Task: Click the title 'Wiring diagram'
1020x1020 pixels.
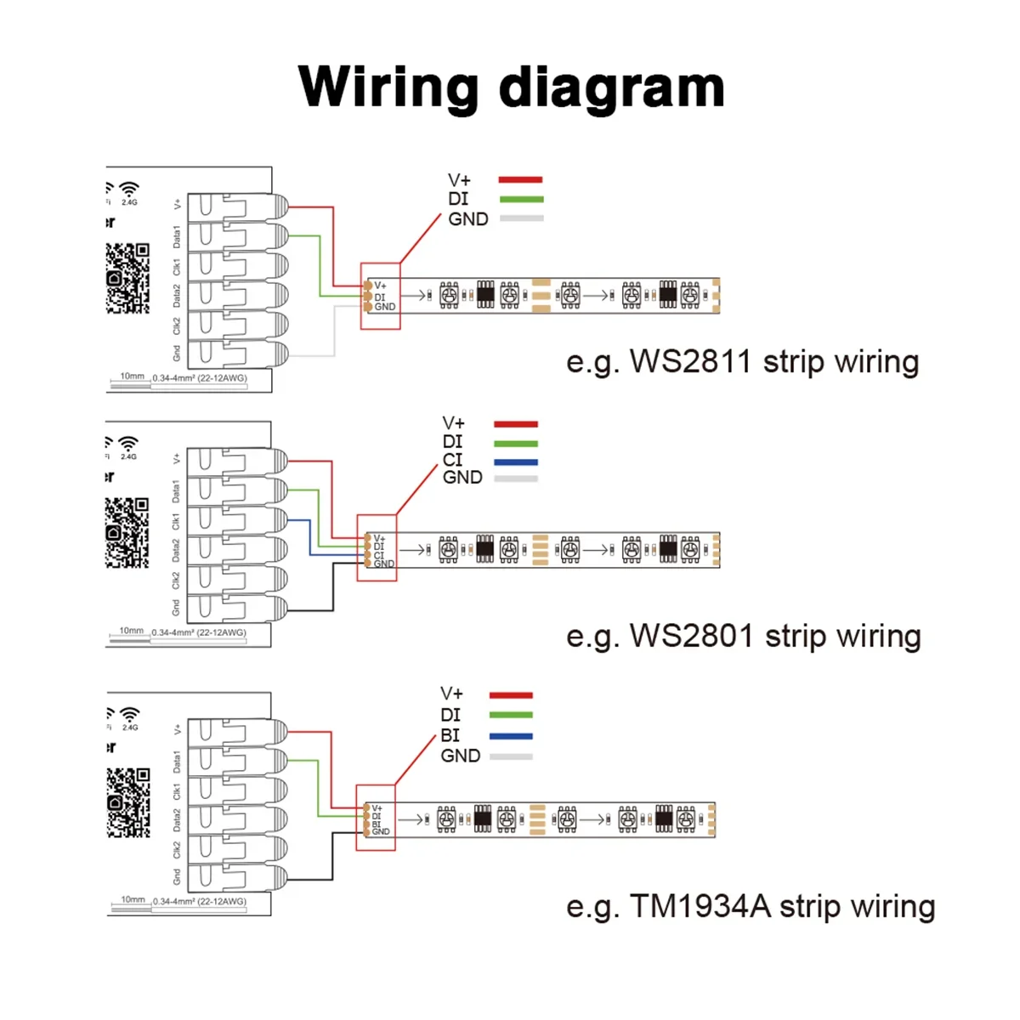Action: tap(511, 87)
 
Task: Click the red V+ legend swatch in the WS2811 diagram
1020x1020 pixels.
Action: tap(520, 179)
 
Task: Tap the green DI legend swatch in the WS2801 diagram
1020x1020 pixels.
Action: tap(515, 444)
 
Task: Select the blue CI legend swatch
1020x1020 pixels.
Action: tap(515, 462)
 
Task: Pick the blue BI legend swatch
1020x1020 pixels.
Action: tap(511, 736)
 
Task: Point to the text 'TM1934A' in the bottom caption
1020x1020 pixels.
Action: tap(699, 907)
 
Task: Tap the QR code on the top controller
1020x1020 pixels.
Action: tap(127, 278)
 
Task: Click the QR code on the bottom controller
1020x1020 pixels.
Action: tap(127, 802)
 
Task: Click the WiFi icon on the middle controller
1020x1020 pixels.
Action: tap(128, 443)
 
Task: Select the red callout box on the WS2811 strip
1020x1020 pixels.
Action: tap(380, 296)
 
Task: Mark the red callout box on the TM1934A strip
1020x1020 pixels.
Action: tap(376, 817)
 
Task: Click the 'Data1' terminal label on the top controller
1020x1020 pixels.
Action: tap(177, 236)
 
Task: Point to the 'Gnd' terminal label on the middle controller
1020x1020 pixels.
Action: tap(176, 608)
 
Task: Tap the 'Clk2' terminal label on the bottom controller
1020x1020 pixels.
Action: tap(177, 849)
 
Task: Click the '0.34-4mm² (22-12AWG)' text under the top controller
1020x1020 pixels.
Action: tap(200, 378)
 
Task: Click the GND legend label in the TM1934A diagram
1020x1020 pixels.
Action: tap(460, 756)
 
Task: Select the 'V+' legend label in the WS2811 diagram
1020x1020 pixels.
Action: tap(459, 180)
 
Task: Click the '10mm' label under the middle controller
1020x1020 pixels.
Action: tap(131, 631)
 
